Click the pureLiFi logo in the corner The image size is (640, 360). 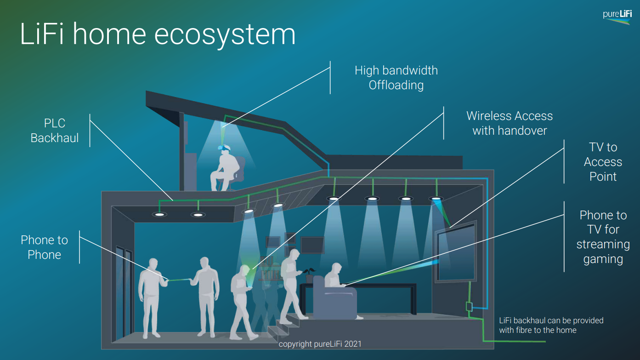point(617,16)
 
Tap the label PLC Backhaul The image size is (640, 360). point(55,131)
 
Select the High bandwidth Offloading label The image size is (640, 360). point(396,78)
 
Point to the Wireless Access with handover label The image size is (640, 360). point(510,123)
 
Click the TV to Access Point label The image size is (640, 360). point(603,162)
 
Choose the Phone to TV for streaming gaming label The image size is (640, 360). point(603,237)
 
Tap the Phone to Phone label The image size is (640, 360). point(44,247)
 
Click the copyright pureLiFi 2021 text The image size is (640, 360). point(320,344)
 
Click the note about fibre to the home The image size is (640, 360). point(551,325)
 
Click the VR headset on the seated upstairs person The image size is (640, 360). point(224,148)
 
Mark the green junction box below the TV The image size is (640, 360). point(469,306)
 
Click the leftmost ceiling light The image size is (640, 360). point(160,214)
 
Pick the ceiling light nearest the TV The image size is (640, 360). point(436,199)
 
